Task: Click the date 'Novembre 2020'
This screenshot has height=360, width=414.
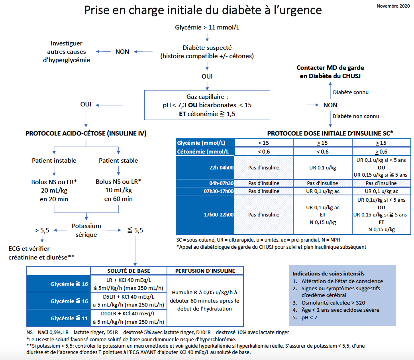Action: point(393,6)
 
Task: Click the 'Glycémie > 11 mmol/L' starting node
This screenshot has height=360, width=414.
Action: point(207,27)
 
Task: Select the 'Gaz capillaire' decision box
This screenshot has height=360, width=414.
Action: point(207,105)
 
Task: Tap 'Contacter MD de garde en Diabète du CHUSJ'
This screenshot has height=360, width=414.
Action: point(330,72)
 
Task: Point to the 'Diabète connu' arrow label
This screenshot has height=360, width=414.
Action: point(351,92)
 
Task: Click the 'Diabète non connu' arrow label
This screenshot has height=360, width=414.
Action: point(356,116)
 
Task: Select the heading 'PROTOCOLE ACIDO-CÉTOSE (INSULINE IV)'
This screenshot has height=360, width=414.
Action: point(86,134)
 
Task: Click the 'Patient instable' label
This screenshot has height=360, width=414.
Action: point(54,161)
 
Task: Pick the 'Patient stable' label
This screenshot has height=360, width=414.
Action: point(118,161)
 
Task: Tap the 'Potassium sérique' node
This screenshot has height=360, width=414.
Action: point(86,230)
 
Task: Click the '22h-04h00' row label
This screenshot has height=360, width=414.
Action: point(221,168)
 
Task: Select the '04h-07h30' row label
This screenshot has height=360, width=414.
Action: point(221,183)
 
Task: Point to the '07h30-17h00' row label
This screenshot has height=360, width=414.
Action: point(219,191)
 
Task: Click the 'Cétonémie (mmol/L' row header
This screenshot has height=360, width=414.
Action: point(203,151)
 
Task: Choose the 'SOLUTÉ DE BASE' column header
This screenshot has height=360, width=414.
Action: point(129,271)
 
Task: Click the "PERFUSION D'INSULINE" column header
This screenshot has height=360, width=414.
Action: point(205,271)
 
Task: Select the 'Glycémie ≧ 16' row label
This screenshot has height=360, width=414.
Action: point(69,284)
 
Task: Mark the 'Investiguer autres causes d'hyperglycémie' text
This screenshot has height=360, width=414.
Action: point(67,52)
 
